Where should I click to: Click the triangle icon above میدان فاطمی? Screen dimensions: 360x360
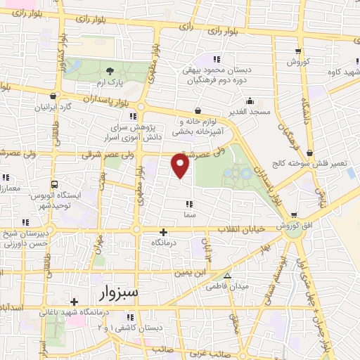tap(227, 275)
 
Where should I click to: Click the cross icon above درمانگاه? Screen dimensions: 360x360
tap(163, 231)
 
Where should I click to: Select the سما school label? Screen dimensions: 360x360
tap(190, 214)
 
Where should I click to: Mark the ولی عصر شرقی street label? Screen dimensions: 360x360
tap(105, 154)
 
